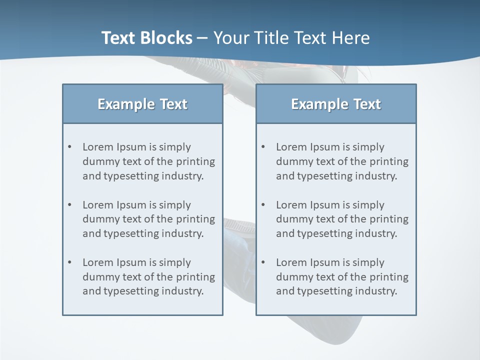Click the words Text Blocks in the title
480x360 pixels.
click(146, 38)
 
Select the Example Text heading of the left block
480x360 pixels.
click(142, 104)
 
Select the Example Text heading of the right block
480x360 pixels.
click(336, 104)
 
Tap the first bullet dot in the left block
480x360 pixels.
click(70, 147)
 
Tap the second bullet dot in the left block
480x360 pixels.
click(70, 205)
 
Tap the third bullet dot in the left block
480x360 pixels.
click(70, 262)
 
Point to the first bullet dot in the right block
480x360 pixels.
click(263, 147)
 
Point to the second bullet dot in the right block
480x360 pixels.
click(263, 205)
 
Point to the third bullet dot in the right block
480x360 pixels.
click(263, 262)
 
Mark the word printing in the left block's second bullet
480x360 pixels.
click(196, 219)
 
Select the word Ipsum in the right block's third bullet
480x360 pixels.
click(325, 262)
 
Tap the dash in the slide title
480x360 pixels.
click(202, 38)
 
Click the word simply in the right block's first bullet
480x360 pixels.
click(368, 147)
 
